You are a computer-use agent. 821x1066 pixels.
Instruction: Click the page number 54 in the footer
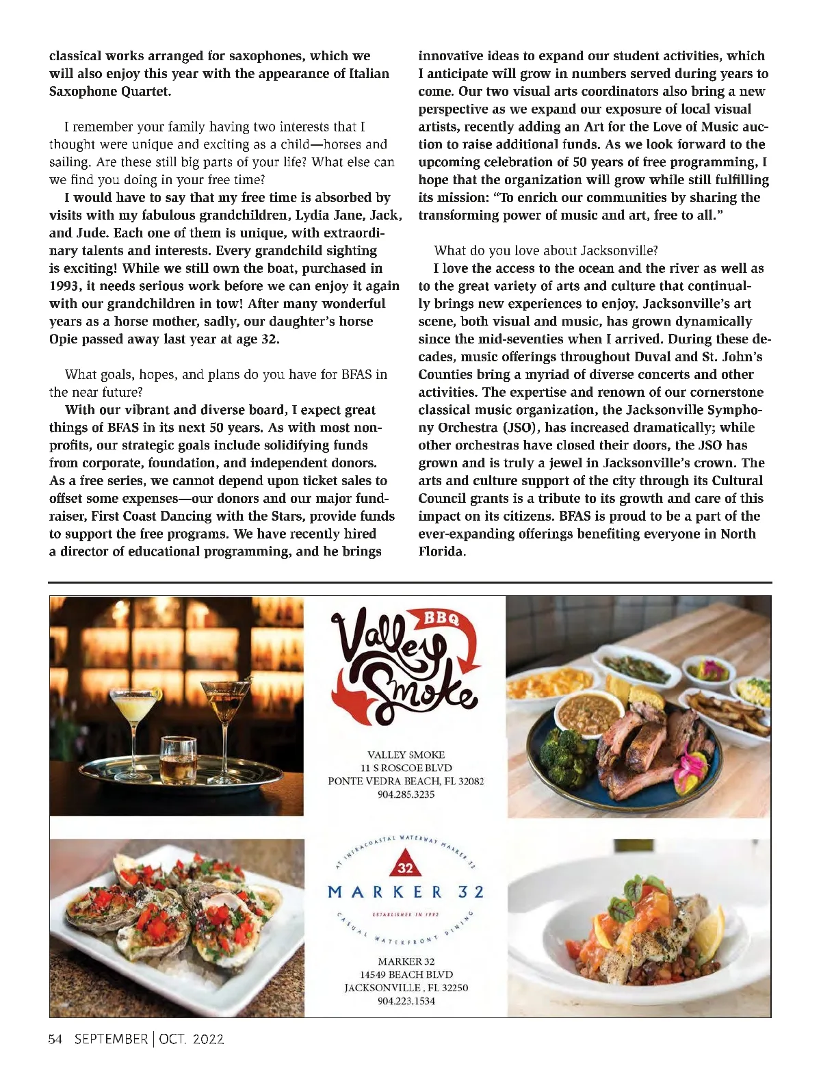(55, 1039)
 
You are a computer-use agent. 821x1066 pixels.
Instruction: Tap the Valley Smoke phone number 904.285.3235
(406, 794)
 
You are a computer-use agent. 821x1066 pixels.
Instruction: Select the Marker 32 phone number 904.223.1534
(406, 1001)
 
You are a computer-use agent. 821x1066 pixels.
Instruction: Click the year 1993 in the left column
(65, 286)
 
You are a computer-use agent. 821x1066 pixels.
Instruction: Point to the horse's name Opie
(64, 339)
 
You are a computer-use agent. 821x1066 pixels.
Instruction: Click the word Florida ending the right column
(441, 551)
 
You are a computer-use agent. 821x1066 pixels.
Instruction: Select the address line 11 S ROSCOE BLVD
(406, 768)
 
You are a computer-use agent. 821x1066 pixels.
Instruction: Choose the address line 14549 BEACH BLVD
(406, 974)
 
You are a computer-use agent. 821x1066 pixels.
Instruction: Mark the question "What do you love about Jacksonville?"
(545, 250)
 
